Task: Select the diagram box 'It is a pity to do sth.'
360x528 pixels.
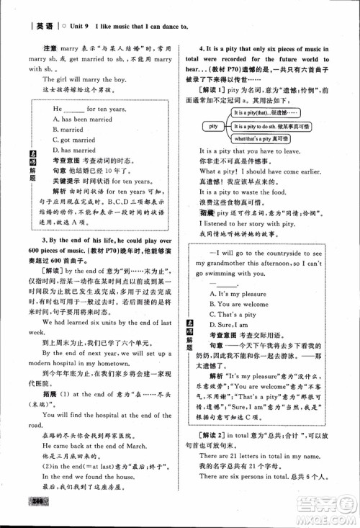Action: [x=271, y=126]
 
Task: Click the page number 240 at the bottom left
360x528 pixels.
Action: [x=35, y=520]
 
